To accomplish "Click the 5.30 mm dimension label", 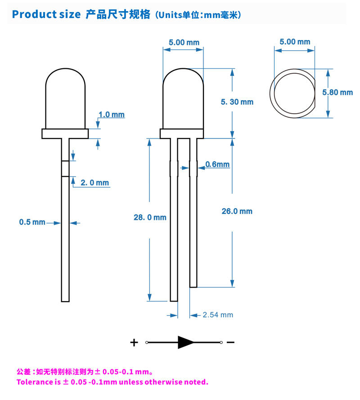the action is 237,102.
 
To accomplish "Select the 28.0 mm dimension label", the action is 150,218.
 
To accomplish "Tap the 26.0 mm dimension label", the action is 237,211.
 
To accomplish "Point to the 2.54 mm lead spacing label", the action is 218,315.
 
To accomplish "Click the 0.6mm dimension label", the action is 217,164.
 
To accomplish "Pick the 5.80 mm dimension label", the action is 337,92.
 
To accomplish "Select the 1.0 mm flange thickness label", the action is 112,115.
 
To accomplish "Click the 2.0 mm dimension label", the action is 95,182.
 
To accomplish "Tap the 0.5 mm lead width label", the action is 32,222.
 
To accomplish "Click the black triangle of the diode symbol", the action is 185,342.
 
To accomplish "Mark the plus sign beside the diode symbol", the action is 134,342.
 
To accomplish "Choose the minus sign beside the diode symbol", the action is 230,342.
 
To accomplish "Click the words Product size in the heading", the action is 46,14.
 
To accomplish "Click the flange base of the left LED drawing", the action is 65,133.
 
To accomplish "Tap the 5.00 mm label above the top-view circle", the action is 295,42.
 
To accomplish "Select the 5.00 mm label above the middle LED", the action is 184,42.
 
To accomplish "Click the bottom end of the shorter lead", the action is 193,287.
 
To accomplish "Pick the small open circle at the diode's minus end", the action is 221,342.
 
